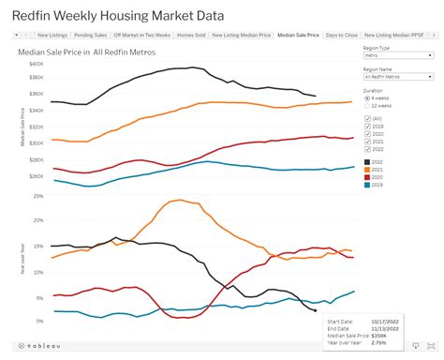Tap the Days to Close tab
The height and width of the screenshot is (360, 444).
click(x=341, y=35)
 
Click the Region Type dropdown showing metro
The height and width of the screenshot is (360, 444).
click(x=398, y=55)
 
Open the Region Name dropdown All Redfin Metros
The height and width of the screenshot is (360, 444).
click(x=398, y=75)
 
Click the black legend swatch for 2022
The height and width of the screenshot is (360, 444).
click(x=366, y=162)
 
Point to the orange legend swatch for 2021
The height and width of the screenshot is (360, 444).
click(x=366, y=170)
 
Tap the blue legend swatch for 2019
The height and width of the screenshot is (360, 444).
click(x=366, y=184)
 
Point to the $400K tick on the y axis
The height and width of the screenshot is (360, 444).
click(x=37, y=62)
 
